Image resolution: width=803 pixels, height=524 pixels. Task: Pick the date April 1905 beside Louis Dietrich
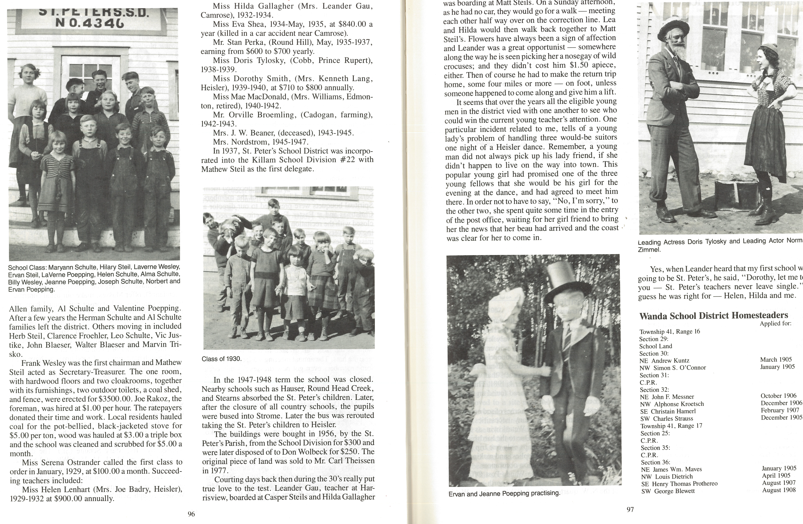point(776,476)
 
